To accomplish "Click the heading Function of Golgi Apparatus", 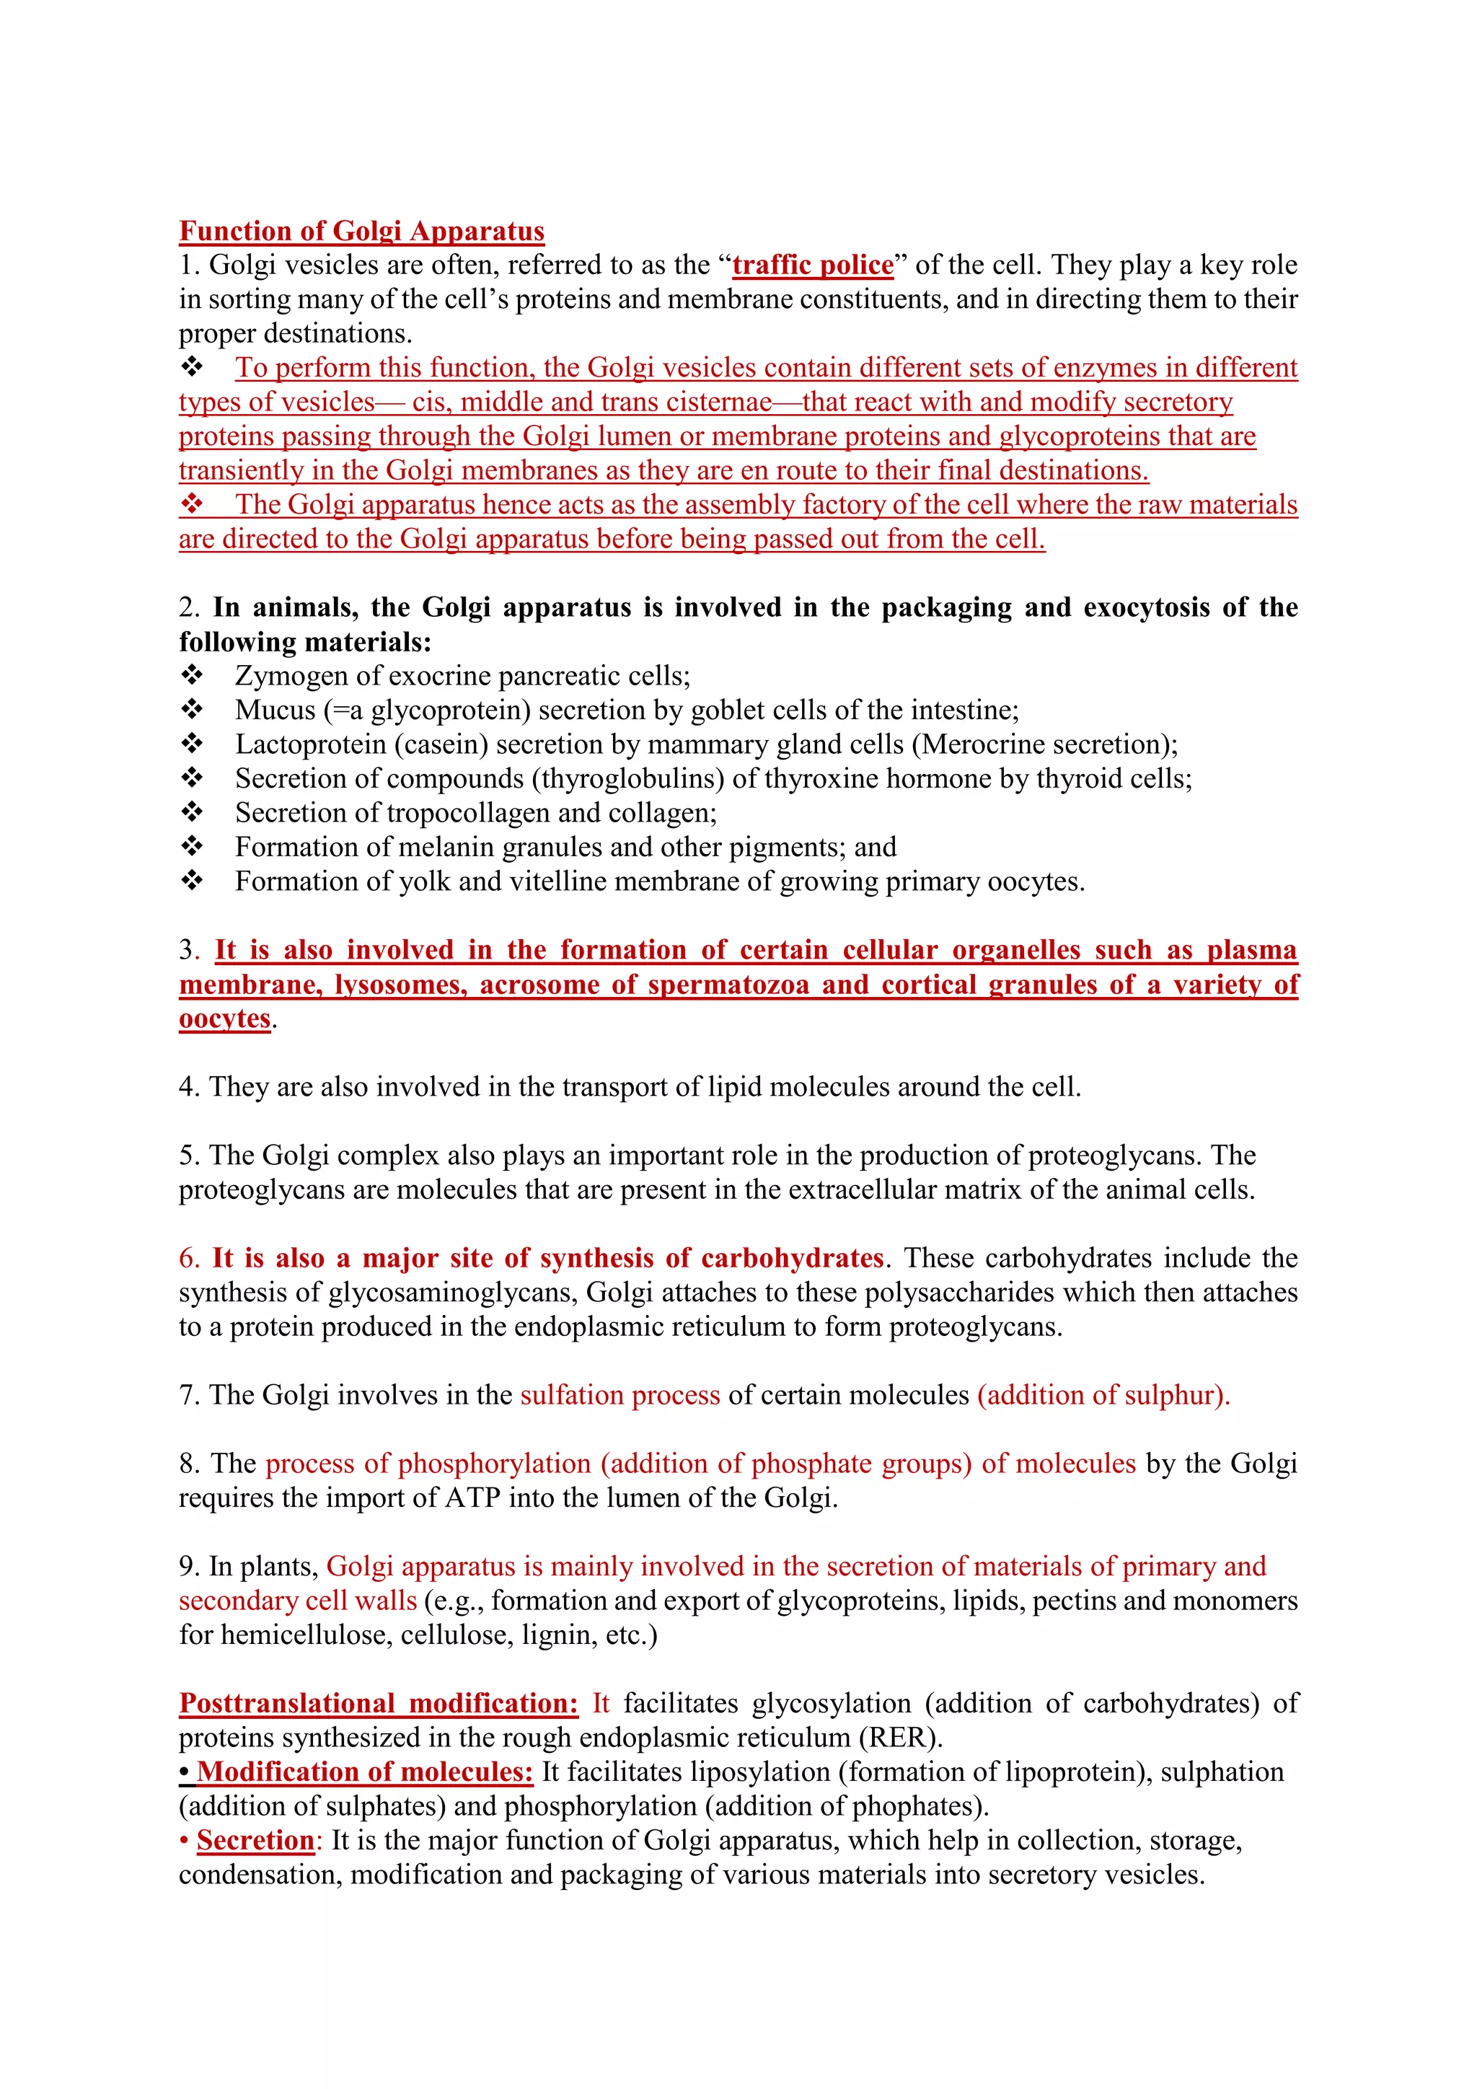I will (x=361, y=231).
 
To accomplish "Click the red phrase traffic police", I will (x=813, y=265).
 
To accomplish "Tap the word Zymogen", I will (x=291, y=676).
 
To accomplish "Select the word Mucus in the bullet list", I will (x=275, y=711).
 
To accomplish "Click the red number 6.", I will (x=188, y=1258).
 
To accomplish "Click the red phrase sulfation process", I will (x=620, y=1395).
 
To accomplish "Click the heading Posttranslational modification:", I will (x=379, y=1703).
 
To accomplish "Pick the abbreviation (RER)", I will (x=900, y=1738).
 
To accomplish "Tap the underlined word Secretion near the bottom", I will (x=255, y=1841).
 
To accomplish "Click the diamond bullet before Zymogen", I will (x=192, y=675).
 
